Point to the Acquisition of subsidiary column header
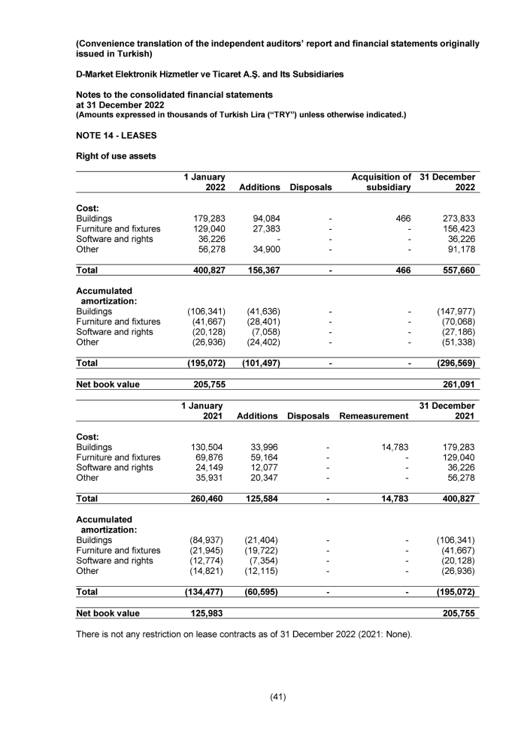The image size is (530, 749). point(381,182)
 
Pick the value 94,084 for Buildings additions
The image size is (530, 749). point(265,219)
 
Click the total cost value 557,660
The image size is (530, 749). point(456,270)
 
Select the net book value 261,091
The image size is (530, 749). point(456,384)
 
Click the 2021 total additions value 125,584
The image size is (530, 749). point(258,498)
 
